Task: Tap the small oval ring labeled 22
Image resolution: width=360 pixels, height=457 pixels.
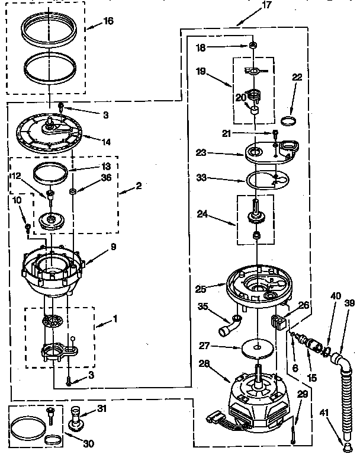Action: tap(288, 121)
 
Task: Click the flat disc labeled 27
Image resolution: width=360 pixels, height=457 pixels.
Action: tap(258, 348)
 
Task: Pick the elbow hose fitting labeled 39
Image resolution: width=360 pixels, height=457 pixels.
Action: tap(339, 360)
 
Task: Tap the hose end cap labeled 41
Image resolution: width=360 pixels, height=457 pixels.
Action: tap(346, 440)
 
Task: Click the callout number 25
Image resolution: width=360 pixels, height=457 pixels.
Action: tap(201, 289)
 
